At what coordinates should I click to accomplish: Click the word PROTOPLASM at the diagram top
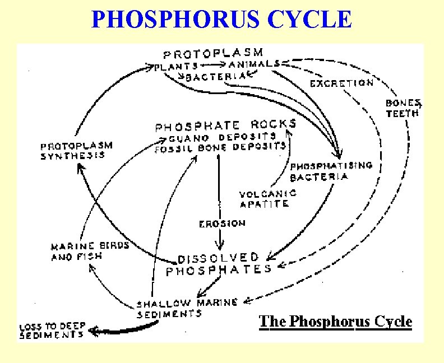[213, 54]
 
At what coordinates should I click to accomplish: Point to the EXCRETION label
[341, 83]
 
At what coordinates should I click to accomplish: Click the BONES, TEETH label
[403, 108]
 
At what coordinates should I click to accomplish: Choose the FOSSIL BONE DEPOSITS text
[221, 147]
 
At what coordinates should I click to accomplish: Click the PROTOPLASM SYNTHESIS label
[76, 151]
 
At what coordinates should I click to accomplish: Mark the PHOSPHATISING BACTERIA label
[331, 171]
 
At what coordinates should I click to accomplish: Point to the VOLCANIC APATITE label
[268, 199]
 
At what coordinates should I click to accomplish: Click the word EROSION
[222, 224]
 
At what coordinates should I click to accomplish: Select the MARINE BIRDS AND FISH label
[90, 250]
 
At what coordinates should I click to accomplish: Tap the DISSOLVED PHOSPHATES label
[219, 264]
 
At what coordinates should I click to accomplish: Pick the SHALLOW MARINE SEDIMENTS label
[187, 308]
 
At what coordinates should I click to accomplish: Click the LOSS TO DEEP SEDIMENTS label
[52, 331]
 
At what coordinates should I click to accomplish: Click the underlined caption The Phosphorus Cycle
[335, 322]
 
